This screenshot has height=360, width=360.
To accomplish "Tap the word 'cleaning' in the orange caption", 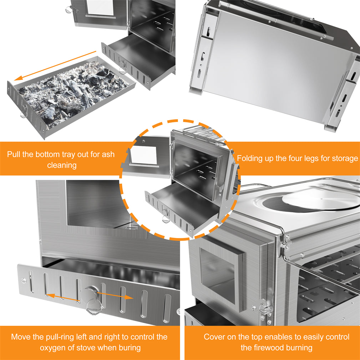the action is click(62, 165).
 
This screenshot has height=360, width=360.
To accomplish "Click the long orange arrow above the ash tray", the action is click(55, 66).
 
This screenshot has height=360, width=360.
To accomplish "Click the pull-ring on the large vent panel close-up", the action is click(93, 300).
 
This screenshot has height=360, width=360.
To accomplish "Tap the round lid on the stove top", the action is click(321, 199).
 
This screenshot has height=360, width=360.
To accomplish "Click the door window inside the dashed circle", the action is click(144, 155).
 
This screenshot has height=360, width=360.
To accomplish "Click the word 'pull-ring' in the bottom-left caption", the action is click(66, 337).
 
